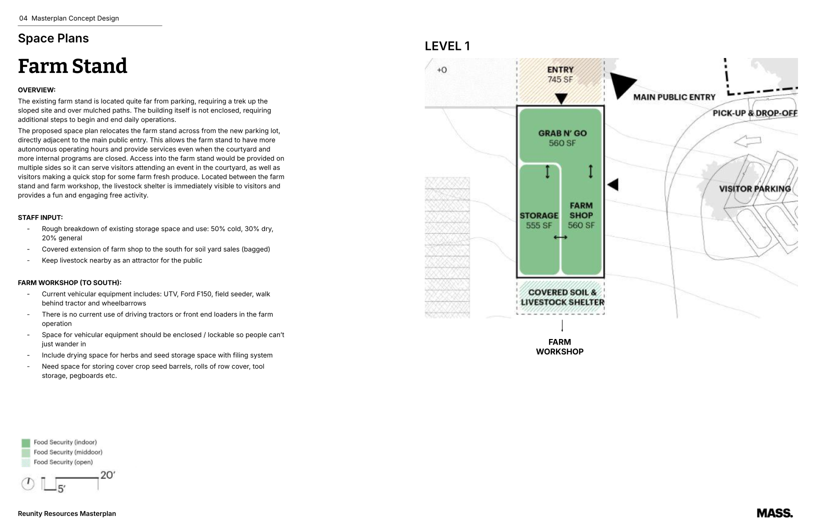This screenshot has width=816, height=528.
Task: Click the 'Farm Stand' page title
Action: (x=72, y=66)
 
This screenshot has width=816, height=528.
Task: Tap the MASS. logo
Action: (x=774, y=513)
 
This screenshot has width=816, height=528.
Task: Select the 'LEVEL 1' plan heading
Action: (x=447, y=46)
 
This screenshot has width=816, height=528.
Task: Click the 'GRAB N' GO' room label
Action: (x=562, y=133)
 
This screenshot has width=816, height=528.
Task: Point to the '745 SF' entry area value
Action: (x=560, y=79)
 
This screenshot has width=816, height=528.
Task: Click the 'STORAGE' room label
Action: (x=538, y=215)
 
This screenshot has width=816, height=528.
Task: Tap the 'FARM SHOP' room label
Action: (x=581, y=210)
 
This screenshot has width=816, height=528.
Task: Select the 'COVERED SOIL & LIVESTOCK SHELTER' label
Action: (x=562, y=297)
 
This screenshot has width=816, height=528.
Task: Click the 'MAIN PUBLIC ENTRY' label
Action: (x=674, y=97)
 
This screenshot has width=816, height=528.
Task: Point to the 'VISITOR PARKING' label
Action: (x=754, y=188)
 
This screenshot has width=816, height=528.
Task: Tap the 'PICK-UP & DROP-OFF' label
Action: (x=754, y=113)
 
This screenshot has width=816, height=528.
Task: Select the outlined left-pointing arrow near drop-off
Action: (x=747, y=141)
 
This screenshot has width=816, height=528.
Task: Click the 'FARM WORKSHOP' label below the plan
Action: (x=559, y=346)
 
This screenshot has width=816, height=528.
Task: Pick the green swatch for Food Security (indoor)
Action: (x=26, y=442)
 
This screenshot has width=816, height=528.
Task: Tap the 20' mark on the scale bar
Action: (x=107, y=475)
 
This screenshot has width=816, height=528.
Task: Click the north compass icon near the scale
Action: (x=28, y=483)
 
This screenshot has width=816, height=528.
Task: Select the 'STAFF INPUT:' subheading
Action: (x=40, y=217)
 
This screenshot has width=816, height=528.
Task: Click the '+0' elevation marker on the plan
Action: (x=441, y=70)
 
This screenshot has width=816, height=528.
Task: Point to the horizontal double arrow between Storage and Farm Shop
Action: (x=560, y=237)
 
